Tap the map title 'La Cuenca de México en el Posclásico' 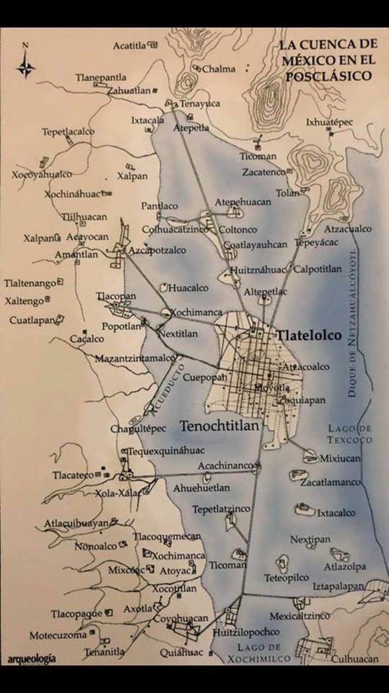(327, 61)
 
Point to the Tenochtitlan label (220, 425)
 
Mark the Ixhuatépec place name (329, 122)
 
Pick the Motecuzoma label (58, 635)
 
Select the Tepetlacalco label (68, 132)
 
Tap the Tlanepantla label (101, 77)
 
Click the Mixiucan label (338, 458)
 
